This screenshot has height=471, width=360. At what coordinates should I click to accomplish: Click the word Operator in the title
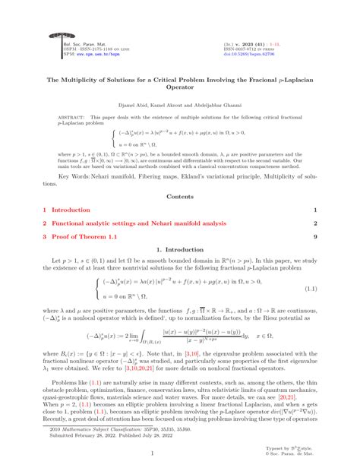(x=180, y=87)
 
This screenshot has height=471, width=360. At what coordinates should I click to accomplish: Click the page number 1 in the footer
(x=180, y=454)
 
